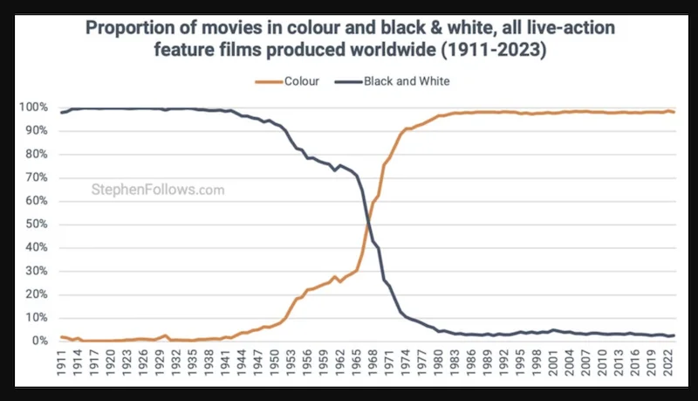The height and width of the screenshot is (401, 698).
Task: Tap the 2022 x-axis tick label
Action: (667, 366)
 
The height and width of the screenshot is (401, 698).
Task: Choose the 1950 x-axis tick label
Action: (276, 366)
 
